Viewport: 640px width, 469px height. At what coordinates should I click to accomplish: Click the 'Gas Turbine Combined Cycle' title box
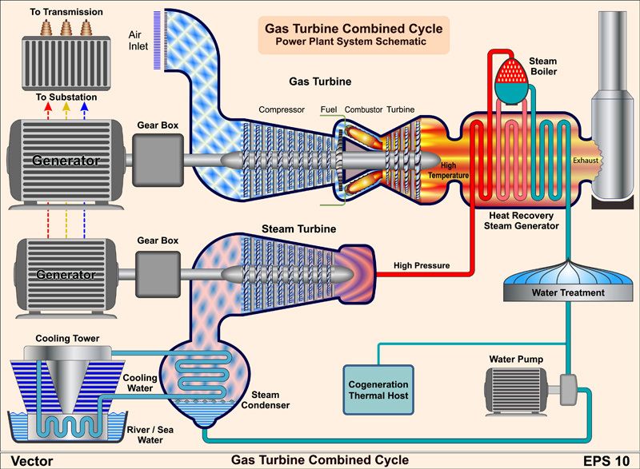point(353,34)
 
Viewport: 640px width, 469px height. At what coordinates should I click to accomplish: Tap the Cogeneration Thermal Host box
point(377,390)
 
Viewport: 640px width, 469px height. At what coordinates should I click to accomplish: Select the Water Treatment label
point(568,293)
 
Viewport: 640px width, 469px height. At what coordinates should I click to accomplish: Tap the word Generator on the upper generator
point(66,161)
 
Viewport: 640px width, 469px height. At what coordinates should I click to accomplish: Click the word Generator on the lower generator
point(66,275)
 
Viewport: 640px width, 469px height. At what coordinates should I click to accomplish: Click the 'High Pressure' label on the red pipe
point(422,265)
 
